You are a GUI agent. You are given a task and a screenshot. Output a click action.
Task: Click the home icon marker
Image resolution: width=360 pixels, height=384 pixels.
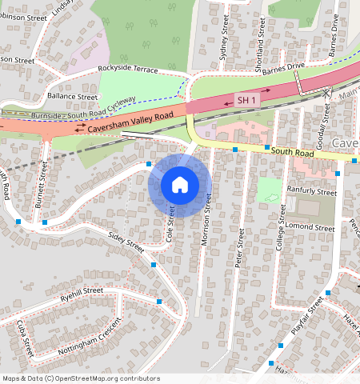[x=180, y=186]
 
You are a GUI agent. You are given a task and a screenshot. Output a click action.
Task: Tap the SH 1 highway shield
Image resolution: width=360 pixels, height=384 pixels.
[x=246, y=101]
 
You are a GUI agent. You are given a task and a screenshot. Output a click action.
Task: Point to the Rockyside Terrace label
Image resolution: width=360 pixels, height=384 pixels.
[x=129, y=70]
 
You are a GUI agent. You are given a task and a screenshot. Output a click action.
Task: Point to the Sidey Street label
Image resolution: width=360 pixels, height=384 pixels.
[x=126, y=242]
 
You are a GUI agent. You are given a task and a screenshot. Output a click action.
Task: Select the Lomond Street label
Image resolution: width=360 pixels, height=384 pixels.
[x=312, y=228]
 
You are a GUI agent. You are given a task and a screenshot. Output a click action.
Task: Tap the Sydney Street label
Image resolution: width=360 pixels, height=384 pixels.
[x=223, y=48]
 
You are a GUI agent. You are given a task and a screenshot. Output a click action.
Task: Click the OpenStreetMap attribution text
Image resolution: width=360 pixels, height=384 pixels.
[x=80, y=378]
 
